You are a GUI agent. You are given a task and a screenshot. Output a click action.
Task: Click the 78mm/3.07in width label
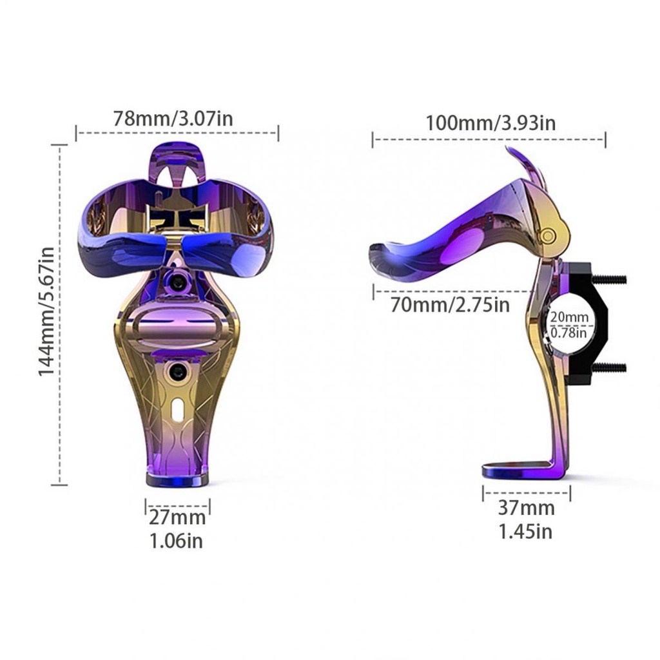coord(173,119)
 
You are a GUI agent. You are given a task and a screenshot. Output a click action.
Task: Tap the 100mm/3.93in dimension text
coord(490,122)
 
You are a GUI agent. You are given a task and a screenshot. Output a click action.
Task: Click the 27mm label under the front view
coord(177,517)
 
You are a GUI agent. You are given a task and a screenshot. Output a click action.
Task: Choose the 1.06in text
coord(176,541)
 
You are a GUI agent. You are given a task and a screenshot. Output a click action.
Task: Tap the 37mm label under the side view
coord(525,508)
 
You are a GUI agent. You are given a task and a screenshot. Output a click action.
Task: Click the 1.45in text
coord(525,532)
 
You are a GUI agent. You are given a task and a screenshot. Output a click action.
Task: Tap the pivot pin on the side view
coord(547,236)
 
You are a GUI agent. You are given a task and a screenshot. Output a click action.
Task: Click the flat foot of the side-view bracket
coord(516,471)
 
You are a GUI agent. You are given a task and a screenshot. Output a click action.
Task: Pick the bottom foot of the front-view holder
coord(177,480)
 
